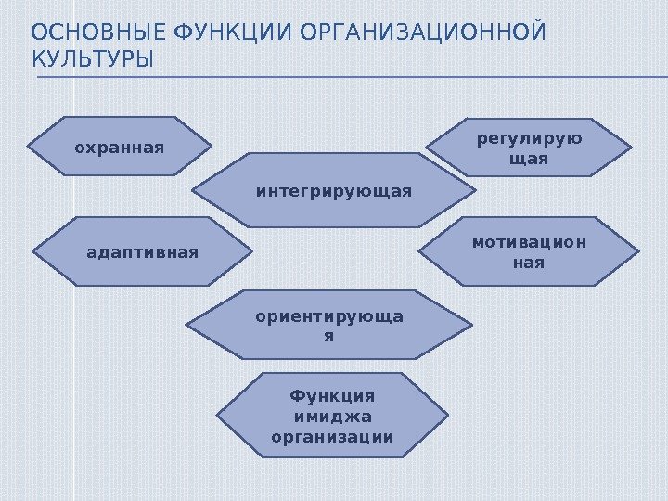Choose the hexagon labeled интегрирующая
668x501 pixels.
click(333, 191)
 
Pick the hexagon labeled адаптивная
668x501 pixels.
click(142, 250)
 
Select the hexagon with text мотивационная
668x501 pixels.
click(529, 251)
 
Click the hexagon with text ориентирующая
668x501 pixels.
click(328, 324)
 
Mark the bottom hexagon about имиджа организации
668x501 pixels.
click(331, 417)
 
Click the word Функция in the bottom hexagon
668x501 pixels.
click(332, 398)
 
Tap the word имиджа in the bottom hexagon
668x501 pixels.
click(332, 417)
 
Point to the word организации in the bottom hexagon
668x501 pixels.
click(332, 437)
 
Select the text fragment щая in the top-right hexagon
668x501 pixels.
click(530, 160)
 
